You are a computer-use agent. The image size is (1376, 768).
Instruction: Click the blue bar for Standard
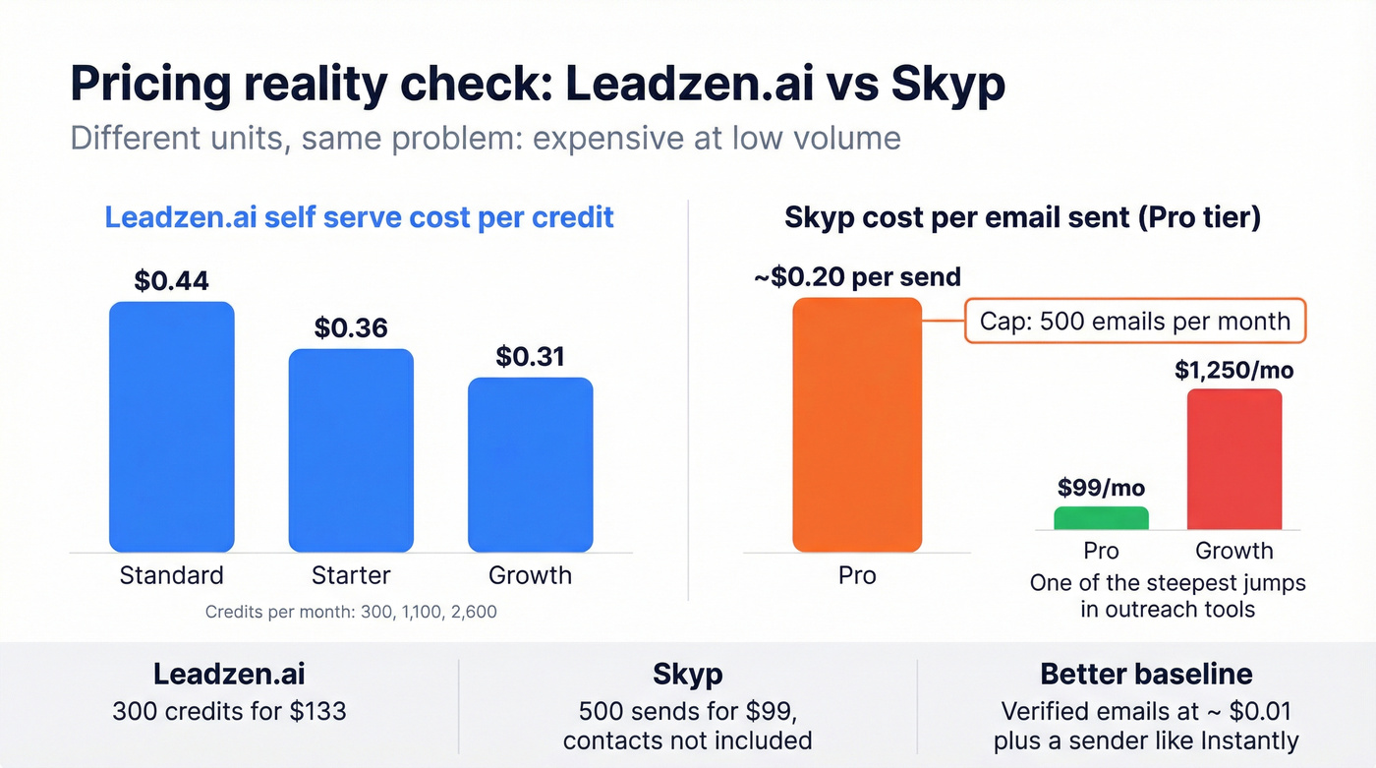(171, 427)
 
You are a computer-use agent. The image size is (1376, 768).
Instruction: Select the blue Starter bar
(351, 450)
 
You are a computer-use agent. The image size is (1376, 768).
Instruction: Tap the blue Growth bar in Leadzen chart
(530, 465)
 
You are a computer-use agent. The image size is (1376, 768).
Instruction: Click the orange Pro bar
(857, 425)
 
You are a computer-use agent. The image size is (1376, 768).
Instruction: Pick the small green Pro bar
(1101, 518)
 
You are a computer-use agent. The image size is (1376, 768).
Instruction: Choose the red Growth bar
(1234, 459)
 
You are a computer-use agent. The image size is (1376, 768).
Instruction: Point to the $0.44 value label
(171, 280)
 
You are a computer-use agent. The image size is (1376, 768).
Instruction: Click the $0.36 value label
(351, 327)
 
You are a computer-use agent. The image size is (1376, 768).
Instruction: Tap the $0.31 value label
(530, 356)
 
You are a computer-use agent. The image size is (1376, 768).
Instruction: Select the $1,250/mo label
(1234, 371)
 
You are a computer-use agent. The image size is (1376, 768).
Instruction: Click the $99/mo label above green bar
(1101, 488)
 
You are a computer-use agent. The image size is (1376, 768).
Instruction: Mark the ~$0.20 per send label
(857, 277)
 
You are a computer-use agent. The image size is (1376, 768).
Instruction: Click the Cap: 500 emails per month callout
(1135, 321)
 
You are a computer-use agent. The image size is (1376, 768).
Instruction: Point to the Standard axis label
(171, 575)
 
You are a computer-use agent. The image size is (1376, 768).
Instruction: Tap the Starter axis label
(351, 575)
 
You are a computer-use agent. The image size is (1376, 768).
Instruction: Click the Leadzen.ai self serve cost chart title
(359, 217)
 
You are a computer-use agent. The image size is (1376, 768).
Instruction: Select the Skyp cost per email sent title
(1022, 217)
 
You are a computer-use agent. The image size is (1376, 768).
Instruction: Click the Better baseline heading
(1146, 675)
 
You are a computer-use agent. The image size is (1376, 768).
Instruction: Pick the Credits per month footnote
(351, 612)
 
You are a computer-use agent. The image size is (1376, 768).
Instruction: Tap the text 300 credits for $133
(229, 711)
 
